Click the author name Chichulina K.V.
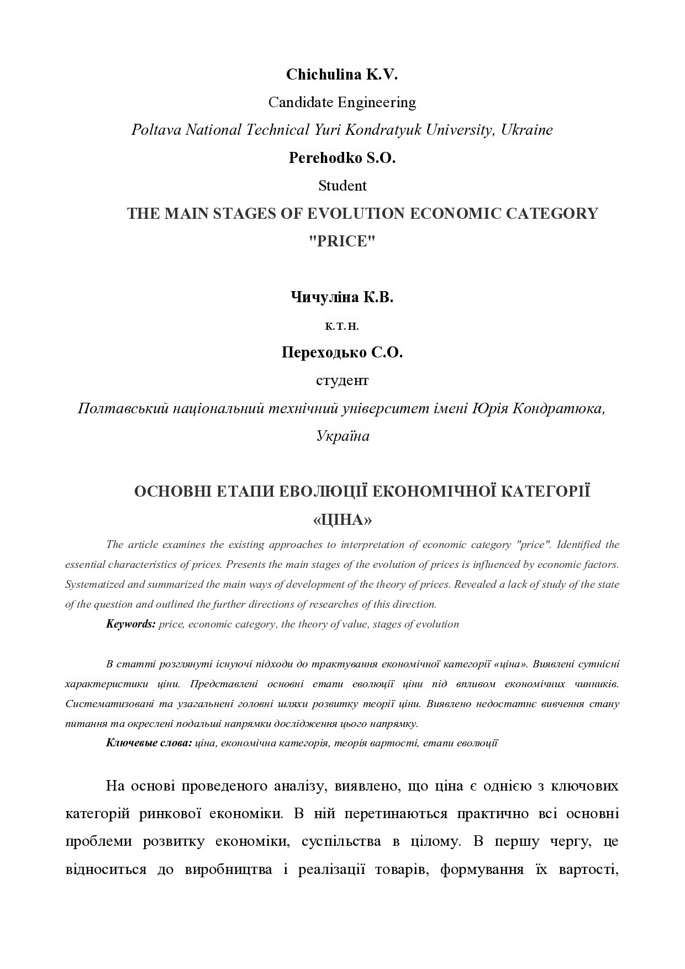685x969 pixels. (x=342, y=75)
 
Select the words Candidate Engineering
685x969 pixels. (x=342, y=103)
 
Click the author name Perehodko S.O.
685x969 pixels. (x=342, y=158)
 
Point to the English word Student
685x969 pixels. (x=342, y=186)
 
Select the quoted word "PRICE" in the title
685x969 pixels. (x=342, y=242)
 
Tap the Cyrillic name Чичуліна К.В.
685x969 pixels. (x=342, y=298)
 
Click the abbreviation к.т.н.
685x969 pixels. (x=342, y=326)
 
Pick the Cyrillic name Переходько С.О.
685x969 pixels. (x=342, y=352)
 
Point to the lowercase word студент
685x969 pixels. (x=342, y=381)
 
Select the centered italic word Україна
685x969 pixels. (x=342, y=436)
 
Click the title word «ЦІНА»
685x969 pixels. (x=342, y=520)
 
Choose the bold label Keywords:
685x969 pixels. (x=131, y=624)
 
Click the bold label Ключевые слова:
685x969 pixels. (x=149, y=743)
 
